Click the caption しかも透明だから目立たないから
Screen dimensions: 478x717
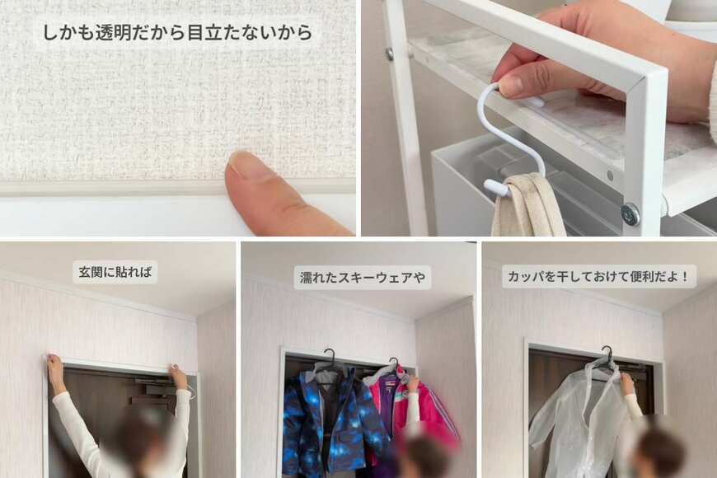tap(177, 33)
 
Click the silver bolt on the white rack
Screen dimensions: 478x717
tap(630, 214)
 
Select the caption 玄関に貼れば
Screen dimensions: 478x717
tap(115, 272)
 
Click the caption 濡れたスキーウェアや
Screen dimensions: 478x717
tap(362, 277)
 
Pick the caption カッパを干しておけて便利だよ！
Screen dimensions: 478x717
tap(599, 275)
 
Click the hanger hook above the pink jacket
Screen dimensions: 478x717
tap(394, 362)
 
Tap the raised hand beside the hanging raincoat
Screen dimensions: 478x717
tap(627, 382)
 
